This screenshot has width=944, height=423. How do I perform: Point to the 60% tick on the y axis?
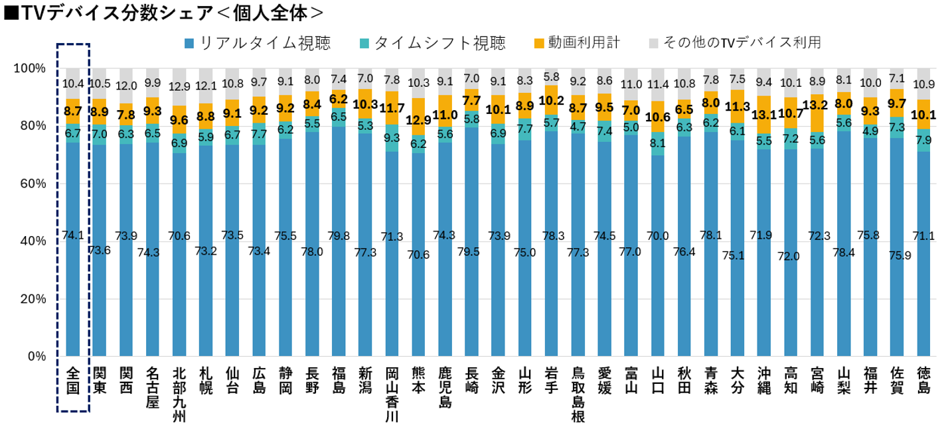(29, 184)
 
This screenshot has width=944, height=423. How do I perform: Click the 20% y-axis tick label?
(29, 299)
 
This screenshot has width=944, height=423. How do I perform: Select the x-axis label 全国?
(73, 381)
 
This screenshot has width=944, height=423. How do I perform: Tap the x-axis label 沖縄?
(764, 381)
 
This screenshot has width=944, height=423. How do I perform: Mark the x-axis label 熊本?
(418, 381)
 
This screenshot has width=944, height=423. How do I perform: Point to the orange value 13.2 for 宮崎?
(817, 105)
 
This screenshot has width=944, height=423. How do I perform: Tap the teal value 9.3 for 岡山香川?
(392, 138)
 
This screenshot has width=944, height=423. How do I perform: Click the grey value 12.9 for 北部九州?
(179, 86)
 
